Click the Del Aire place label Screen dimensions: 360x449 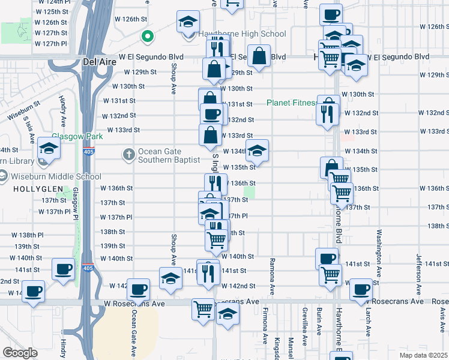click(x=98, y=61)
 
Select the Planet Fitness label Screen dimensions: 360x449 click(x=291, y=103)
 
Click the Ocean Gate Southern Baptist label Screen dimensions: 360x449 click(x=169, y=156)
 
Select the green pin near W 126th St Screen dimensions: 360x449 click(x=147, y=37)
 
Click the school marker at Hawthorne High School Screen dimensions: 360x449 click(x=188, y=23)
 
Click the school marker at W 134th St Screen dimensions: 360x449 click(x=258, y=151)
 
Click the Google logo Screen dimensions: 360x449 click(x=20, y=353)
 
